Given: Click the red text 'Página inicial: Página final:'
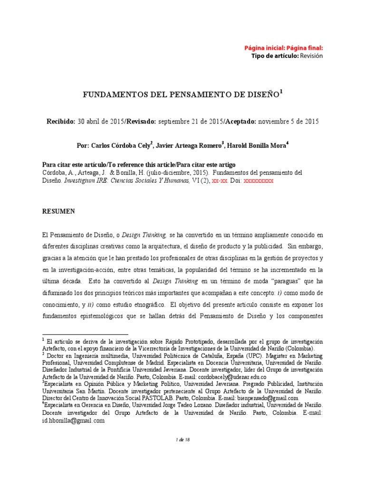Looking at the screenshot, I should point(284,48).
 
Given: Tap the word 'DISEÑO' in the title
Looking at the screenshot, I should point(264,94).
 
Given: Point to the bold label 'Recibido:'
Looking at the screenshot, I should point(60,121).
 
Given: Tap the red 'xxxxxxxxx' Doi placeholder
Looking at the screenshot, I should point(259,181).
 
